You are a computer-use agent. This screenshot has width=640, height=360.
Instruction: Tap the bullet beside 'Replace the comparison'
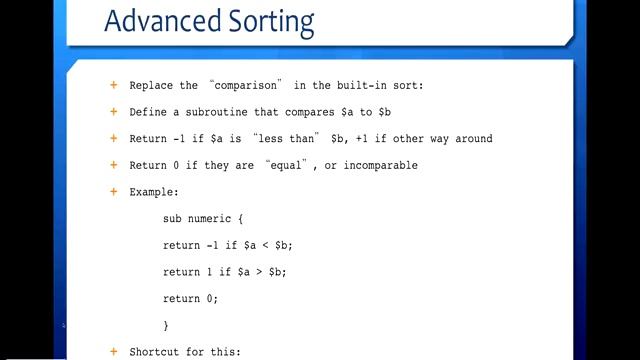(x=113, y=85)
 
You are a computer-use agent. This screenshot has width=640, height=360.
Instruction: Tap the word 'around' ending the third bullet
(x=470, y=139)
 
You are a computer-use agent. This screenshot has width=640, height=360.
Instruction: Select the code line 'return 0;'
(x=190, y=299)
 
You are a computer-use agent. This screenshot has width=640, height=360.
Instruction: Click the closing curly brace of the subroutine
(x=166, y=326)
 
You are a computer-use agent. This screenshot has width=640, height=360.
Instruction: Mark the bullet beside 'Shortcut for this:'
(x=113, y=352)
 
